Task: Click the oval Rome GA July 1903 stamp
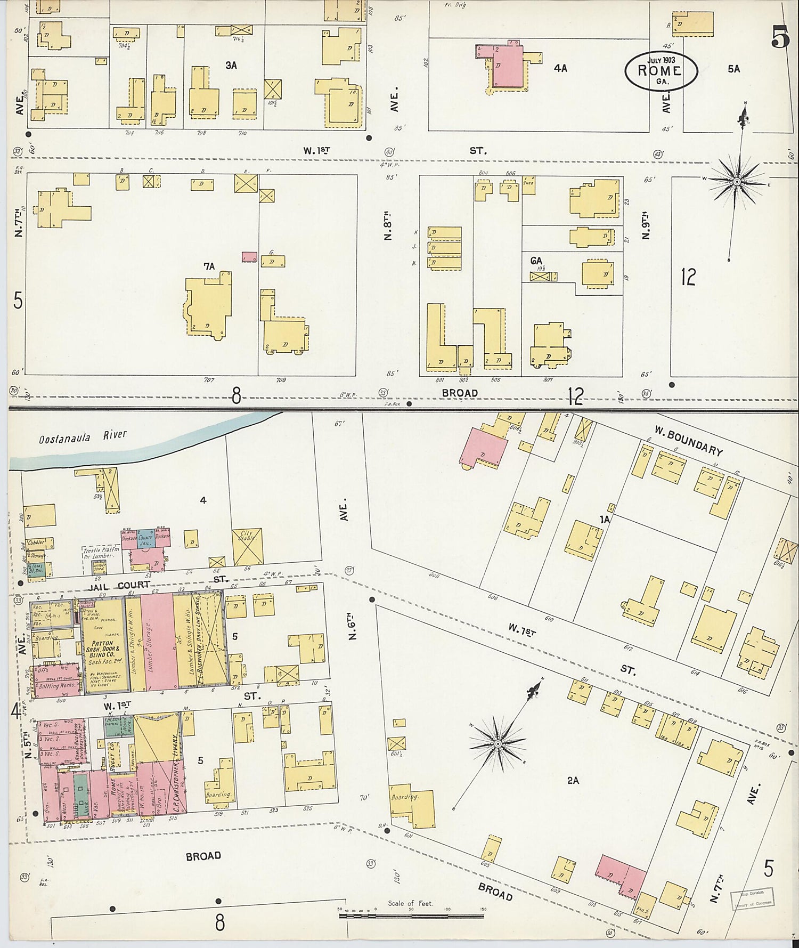[661, 70]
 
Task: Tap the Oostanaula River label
[83, 436]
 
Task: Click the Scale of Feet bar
[411, 917]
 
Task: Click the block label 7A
[209, 266]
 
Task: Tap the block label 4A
[560, 68]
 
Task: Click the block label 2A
[573, 780]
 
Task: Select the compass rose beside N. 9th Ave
[737, 182]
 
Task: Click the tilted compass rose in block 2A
[498, 743]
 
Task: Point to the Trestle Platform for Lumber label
[96, 553]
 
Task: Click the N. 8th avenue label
[387, 228]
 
